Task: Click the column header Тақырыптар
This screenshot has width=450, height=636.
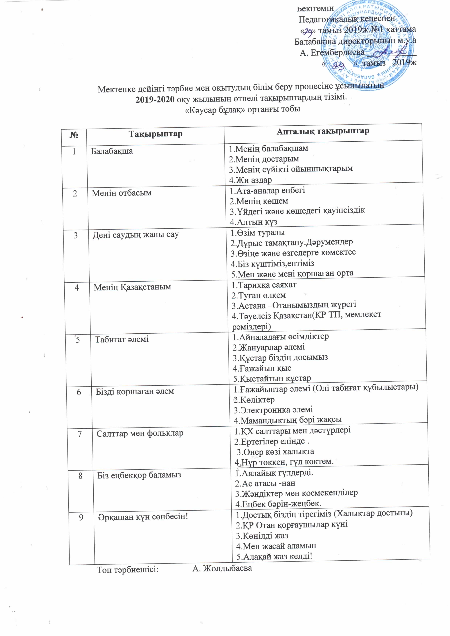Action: click(x=155, y=134)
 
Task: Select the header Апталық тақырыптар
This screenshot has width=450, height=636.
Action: click(x=323, y=131)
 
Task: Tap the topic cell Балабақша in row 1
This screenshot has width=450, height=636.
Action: click(x=112, y=151)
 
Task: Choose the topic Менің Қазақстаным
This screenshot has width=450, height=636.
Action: click(x=132, y=287)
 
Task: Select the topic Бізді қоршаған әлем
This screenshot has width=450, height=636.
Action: click(x=135, y=391)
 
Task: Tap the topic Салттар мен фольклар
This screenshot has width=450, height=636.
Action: click(x=140, y=433)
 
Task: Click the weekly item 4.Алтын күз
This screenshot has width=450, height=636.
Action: click(x=254, y=222)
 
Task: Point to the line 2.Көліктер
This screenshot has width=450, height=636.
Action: click(x=254, y=400)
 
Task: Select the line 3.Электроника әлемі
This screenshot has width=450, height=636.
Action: click(x=273, y=410)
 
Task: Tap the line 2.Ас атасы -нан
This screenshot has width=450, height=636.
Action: click(x=265, y=483)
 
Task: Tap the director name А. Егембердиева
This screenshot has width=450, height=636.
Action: click(x=332, y=52)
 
